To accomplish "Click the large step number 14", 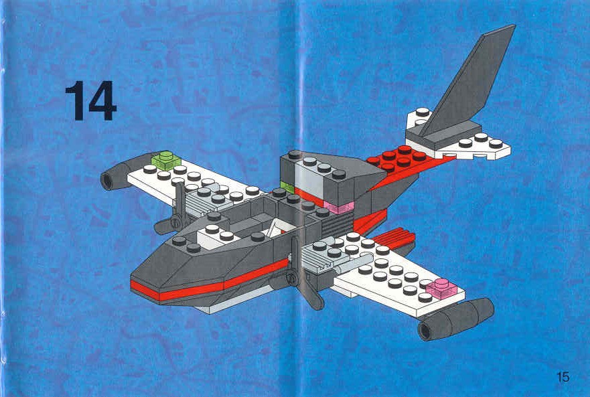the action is point(91,101).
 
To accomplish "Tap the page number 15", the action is point(563,377).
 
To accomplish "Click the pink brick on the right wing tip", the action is point(442,288).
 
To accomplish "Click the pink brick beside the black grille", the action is point(340,207).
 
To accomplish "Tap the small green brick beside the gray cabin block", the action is point(287,187).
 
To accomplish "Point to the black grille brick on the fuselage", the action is point(338,224).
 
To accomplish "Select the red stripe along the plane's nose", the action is point(209,281).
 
